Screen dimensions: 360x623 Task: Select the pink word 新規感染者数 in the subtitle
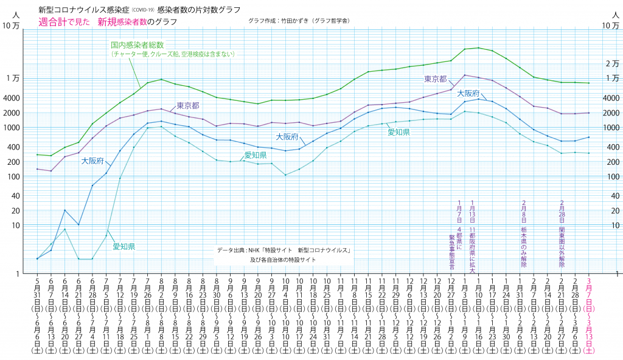(122, 22)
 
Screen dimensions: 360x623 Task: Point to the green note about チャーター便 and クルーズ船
(172, 54)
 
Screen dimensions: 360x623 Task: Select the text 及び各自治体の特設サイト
(283, 260)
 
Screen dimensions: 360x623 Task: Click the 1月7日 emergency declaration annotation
(459, 234)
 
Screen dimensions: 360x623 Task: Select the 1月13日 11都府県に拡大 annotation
(473, 234)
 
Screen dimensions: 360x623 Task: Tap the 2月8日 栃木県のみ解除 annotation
(523, 234)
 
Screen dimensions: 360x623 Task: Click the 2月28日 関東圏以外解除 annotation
(562, 234)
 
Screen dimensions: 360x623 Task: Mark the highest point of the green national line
(478, 47)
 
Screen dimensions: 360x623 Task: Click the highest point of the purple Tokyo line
(465, 75)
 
